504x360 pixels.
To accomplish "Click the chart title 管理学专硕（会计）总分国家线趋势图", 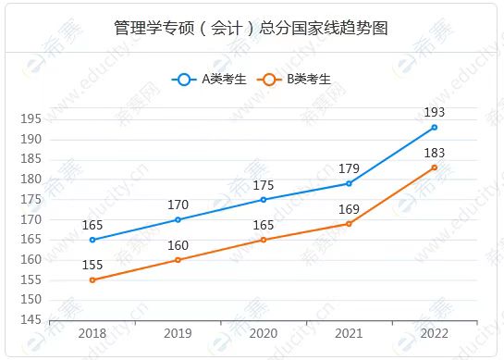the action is coord(251,28).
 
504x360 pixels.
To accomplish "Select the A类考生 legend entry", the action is coord(209,80).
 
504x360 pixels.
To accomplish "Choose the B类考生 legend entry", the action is coord(294,80).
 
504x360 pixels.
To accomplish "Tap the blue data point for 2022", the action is coord(435,128).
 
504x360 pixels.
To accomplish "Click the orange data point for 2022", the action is coord(435,168).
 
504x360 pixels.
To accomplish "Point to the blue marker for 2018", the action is coord(92,240).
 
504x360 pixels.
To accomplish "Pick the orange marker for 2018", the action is coord(92,279).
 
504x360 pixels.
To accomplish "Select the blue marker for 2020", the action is coord(264,200).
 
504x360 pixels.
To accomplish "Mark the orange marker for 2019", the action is coord(178,260).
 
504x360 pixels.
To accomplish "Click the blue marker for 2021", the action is coord(349,183).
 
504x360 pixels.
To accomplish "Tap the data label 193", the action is coord(435,112).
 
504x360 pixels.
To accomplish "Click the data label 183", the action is coord(435,153).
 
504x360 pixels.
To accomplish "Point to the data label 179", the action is coord(349,168).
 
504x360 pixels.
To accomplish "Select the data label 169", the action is coord(349,209).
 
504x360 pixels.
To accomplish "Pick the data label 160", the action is coord(178,245).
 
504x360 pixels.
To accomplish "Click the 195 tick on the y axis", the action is coord(31,119).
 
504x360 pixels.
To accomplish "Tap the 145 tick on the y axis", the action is coord(31,320).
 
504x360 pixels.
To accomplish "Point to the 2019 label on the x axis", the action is coord(178,333).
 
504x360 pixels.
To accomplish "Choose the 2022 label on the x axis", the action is coord(435,333).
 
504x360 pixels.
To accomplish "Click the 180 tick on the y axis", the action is coord(31,180).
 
